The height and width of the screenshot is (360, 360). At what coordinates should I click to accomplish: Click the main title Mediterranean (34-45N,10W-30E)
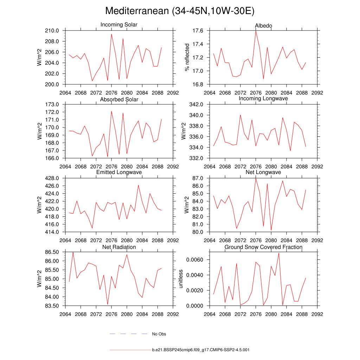pyautogui.click(x=180, y=11)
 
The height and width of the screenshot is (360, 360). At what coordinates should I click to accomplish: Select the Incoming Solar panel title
pyautogui.click(x=119, y=25)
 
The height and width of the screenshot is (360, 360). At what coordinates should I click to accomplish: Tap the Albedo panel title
pyautogui.click(x=263, y=26)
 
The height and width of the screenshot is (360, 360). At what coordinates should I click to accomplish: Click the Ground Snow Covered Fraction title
pyautogui.click(x=263, y=247)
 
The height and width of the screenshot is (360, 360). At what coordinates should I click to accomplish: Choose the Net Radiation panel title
pyautogui.click(x=119, y=247)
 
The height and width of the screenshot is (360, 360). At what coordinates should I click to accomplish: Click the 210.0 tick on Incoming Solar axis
pyautogui.click(x=52, y=31)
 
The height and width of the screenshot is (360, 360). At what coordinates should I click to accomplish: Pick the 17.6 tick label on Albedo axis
pyautogui.click(x=198, y=31)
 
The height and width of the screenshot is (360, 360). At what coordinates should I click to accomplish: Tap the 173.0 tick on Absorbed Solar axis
pyautogui.click(x=52, y=104)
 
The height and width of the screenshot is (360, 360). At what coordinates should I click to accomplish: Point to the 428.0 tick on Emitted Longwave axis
pyautogui.click(x=52, y=178)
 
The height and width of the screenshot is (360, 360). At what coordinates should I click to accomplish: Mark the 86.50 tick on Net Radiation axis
pyautogui.click(x=50, y=252)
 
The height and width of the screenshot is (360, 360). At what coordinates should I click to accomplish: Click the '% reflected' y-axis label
pyautogui.click(x=187, y=57)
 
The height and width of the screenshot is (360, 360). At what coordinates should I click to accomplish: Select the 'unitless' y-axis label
pyautogui.click(x=181, y=279)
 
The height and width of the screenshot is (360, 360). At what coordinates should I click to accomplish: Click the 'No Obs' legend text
pyautogui.click(x=159, y=334)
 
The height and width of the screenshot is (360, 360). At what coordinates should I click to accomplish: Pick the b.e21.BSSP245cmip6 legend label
pyautogui.click(x=201, y=350)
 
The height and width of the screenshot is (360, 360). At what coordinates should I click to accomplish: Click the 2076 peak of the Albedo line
pyautogui.click(x=256, y=31)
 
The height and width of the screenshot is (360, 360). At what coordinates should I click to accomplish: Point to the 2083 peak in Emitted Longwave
pyautogui.click(x=138, y=185)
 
